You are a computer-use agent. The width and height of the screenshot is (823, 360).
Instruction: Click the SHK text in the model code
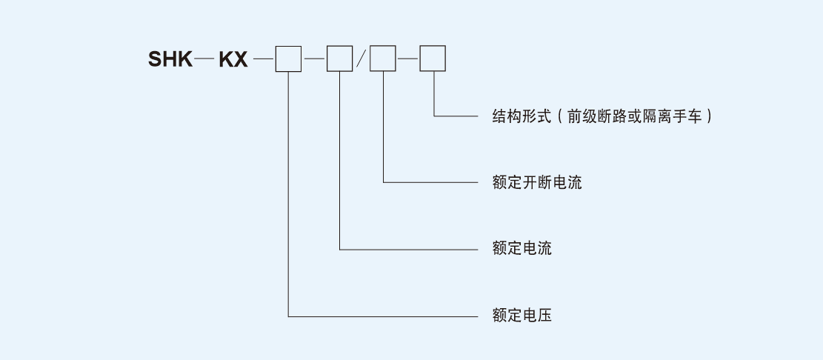[170, 59]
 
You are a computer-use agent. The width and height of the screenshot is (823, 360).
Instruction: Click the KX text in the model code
[233, 59]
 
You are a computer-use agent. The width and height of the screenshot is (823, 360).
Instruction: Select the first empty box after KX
[288, 59]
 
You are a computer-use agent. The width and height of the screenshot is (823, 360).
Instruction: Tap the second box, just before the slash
[339, 59]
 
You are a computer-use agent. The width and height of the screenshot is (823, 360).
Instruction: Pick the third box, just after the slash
[383, 59]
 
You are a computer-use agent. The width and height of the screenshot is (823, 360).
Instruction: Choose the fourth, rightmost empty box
[433, 59]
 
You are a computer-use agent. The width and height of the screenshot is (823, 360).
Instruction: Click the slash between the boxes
[361, 59]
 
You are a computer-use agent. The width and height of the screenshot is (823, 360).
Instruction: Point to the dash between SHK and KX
[204, 58]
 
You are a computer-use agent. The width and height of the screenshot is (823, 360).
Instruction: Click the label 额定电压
[522, 316]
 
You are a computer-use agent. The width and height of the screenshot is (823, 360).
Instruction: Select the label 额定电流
[522, 248]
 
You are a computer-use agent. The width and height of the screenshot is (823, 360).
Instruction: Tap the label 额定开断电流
[536, 181]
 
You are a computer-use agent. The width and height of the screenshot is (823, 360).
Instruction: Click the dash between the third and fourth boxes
[407, 58]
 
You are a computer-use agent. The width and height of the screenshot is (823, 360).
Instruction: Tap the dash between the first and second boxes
[314, 58]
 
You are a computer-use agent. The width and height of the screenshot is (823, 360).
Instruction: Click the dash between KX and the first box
[263, 58]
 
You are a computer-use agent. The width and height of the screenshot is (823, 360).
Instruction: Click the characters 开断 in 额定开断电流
[536, 181]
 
